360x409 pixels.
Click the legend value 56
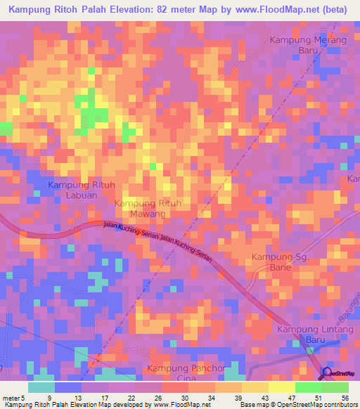click(344, 397)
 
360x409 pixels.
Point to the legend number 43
click(258, 397)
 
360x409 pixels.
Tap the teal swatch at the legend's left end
click(41, 387)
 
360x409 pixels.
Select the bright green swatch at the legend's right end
click(335, 387)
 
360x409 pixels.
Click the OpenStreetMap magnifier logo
click(326, 373)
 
